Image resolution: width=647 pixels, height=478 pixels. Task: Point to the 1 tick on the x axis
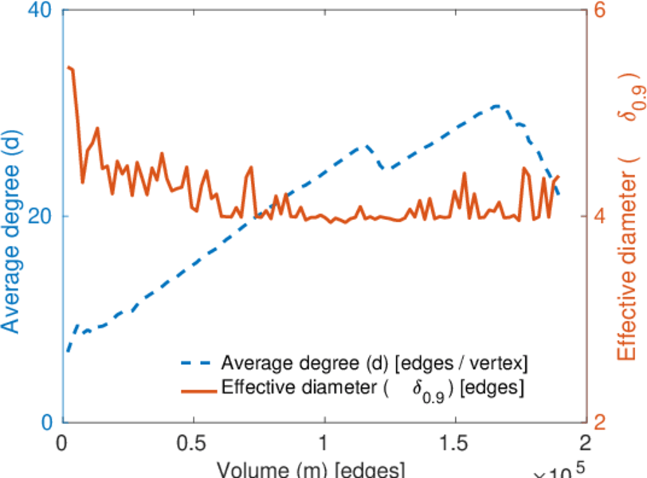point(323,443)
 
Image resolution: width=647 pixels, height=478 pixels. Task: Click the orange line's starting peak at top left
point(69,68)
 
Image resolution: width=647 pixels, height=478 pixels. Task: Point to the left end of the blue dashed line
point(69,351)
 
